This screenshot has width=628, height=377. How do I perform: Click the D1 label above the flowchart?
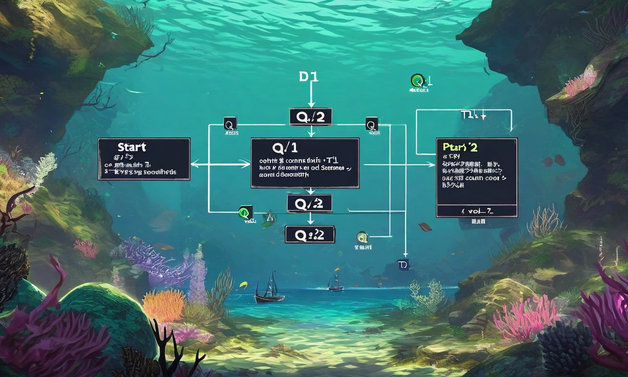308,77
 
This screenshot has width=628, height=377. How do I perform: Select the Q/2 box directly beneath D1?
310,117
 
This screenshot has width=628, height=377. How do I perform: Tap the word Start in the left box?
131,147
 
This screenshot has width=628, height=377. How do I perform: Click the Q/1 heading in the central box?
285,147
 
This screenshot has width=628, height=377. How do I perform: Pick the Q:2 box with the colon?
310,235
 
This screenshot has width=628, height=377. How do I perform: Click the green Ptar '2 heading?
460,147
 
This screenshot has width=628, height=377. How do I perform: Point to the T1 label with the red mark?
473,115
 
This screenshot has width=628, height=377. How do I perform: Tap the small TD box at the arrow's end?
403,265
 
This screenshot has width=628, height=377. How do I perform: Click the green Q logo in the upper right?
419,81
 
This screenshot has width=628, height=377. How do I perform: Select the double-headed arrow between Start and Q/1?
220,164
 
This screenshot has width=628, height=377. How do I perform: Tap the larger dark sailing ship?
269,291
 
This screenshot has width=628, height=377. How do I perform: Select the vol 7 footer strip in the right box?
476,211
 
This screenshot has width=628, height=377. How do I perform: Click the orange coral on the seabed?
164,304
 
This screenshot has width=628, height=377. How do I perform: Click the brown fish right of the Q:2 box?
425,227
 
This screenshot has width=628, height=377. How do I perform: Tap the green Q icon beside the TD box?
363,238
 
